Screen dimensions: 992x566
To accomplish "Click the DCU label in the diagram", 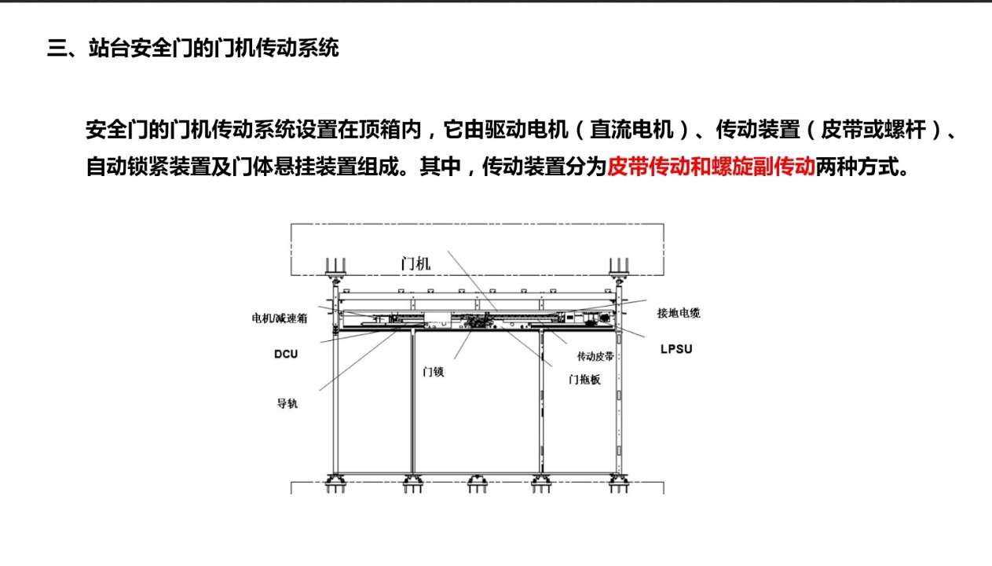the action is click(x=286, y=355).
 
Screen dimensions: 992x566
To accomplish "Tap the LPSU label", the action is click(x=676, y=348).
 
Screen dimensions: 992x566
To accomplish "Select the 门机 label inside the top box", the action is click(x=415, y=264).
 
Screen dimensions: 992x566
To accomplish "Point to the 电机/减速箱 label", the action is click(x=280, y=318).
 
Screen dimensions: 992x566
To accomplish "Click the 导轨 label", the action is click(x=287, y=404).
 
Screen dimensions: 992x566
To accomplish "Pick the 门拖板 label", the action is click(x=584, y=379).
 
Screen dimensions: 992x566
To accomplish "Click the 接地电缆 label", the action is click(x=679, y=313).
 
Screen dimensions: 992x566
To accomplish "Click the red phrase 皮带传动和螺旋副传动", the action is click(x=711, y=167).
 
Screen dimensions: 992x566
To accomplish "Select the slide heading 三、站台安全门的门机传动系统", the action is click(x=193, y=49).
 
